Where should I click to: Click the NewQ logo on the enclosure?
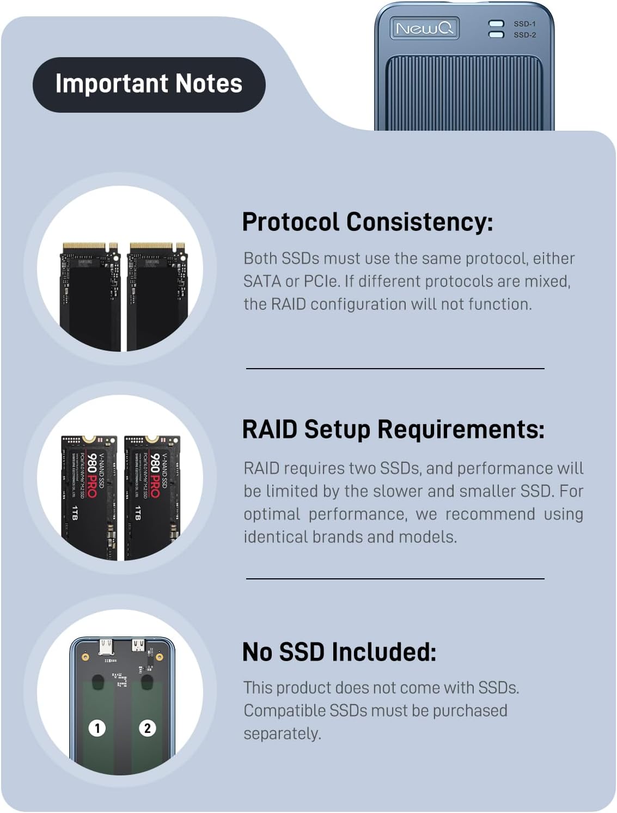424,28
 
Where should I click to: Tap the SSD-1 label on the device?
524,24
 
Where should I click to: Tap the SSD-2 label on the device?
524,35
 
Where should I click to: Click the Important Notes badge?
149,84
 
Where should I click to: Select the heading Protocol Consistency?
367,222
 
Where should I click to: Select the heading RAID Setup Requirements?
393,429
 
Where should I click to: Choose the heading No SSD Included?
339,651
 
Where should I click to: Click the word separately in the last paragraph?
282,733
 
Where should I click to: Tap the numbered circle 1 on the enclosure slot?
97,728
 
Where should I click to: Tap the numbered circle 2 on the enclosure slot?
147,728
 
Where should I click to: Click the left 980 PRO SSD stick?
89,497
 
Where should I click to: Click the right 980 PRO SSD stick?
152,497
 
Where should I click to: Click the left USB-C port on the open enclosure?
106,647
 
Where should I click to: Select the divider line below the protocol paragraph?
395,369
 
